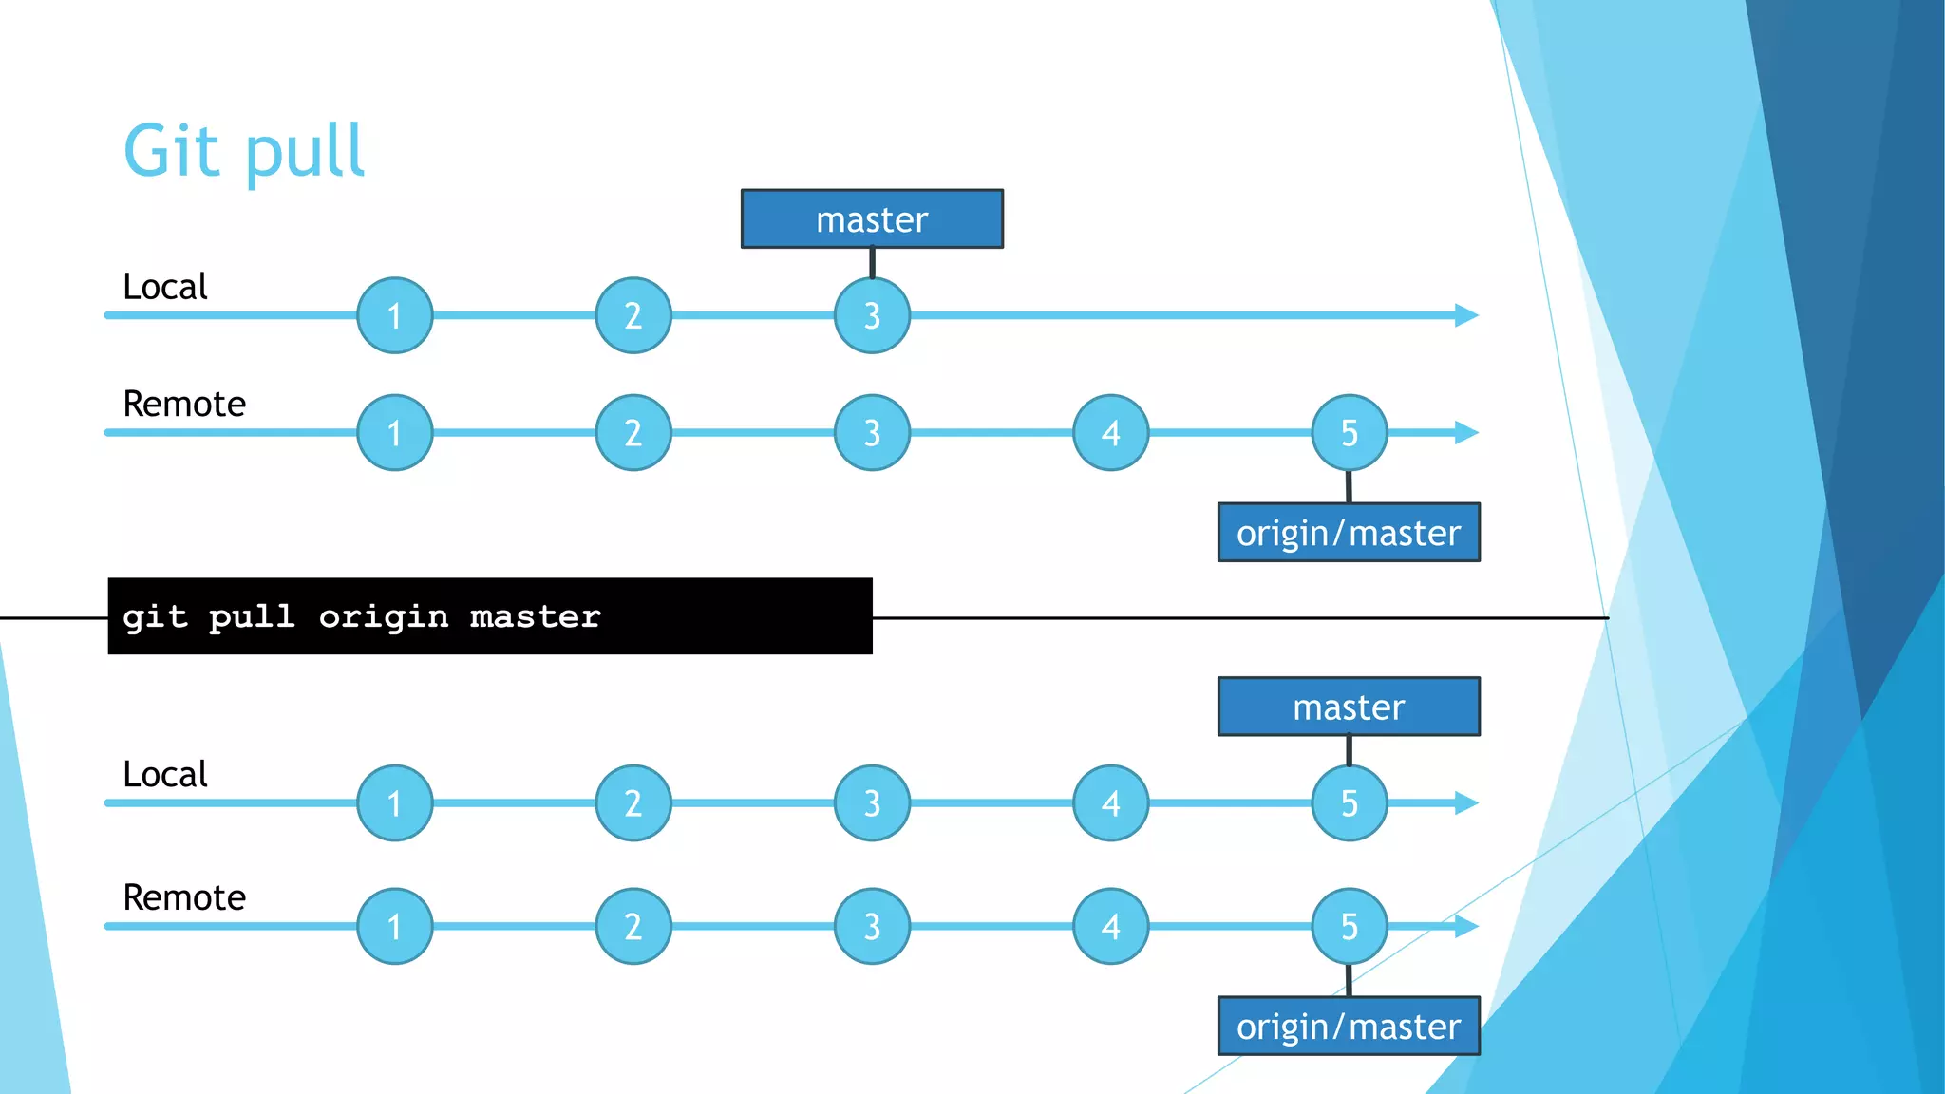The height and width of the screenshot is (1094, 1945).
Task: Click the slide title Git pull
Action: (x=243, y=152)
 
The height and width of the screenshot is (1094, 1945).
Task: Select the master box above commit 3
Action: (x=872, y=219)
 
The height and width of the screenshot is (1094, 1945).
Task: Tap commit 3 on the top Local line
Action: (x=872, y=315)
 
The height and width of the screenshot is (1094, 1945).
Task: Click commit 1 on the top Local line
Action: (x=395, y=315)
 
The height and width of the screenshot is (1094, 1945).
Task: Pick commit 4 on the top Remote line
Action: (x=1110, y=433)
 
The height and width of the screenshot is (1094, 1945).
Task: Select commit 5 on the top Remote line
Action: (x=1349, y=433)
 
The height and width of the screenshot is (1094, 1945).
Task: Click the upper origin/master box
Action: (x=1349, y=533)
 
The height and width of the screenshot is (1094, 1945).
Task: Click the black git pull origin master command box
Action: (x=490, y=616)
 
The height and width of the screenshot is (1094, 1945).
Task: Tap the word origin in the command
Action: (x=383, y=617)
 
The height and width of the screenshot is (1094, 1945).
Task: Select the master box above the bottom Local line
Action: (x=1349, y=707)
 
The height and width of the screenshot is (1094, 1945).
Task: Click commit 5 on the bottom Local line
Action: (x=1349, y=803)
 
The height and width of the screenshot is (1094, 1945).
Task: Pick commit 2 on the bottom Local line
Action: (x=633, y=803)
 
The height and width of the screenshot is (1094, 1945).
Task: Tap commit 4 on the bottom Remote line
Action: (x=1110, y=926)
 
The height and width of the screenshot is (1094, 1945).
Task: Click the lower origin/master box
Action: (x=1349, y=1026)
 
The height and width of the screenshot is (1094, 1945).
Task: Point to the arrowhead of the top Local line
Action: (x=1466, y=315)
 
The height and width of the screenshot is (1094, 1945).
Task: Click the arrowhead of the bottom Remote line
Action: (x=1466, y=926)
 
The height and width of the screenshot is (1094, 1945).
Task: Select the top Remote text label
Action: (x=184, y=405)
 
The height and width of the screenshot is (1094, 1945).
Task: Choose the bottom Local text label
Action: (x=164, y=775)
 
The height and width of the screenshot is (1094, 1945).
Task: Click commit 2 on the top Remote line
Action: (x=633, y=433)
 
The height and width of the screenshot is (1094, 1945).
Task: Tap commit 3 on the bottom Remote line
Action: (x=872, y=926)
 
